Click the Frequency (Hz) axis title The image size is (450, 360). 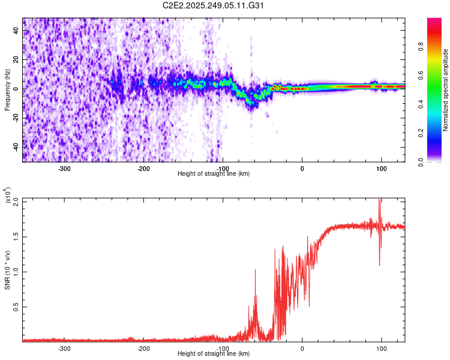(x=7, y=89)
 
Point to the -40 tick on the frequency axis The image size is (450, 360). (x=16, y=146)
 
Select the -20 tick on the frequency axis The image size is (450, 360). (x=16, y=118)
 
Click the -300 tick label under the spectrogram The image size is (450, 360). (x=64, y=167)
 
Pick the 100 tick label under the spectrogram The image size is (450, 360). (x=381, y=167)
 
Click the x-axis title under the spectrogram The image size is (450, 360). (x=214, y=173)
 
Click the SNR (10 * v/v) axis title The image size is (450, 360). (x=7, y=270)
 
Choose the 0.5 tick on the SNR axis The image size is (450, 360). (x=16, y=307)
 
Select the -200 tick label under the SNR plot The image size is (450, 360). (x=143, y=347)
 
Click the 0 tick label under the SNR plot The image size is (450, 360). (x=302, y=347)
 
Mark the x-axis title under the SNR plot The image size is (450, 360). (x=214, y=353)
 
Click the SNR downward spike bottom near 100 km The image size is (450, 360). (x=379, y=265)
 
